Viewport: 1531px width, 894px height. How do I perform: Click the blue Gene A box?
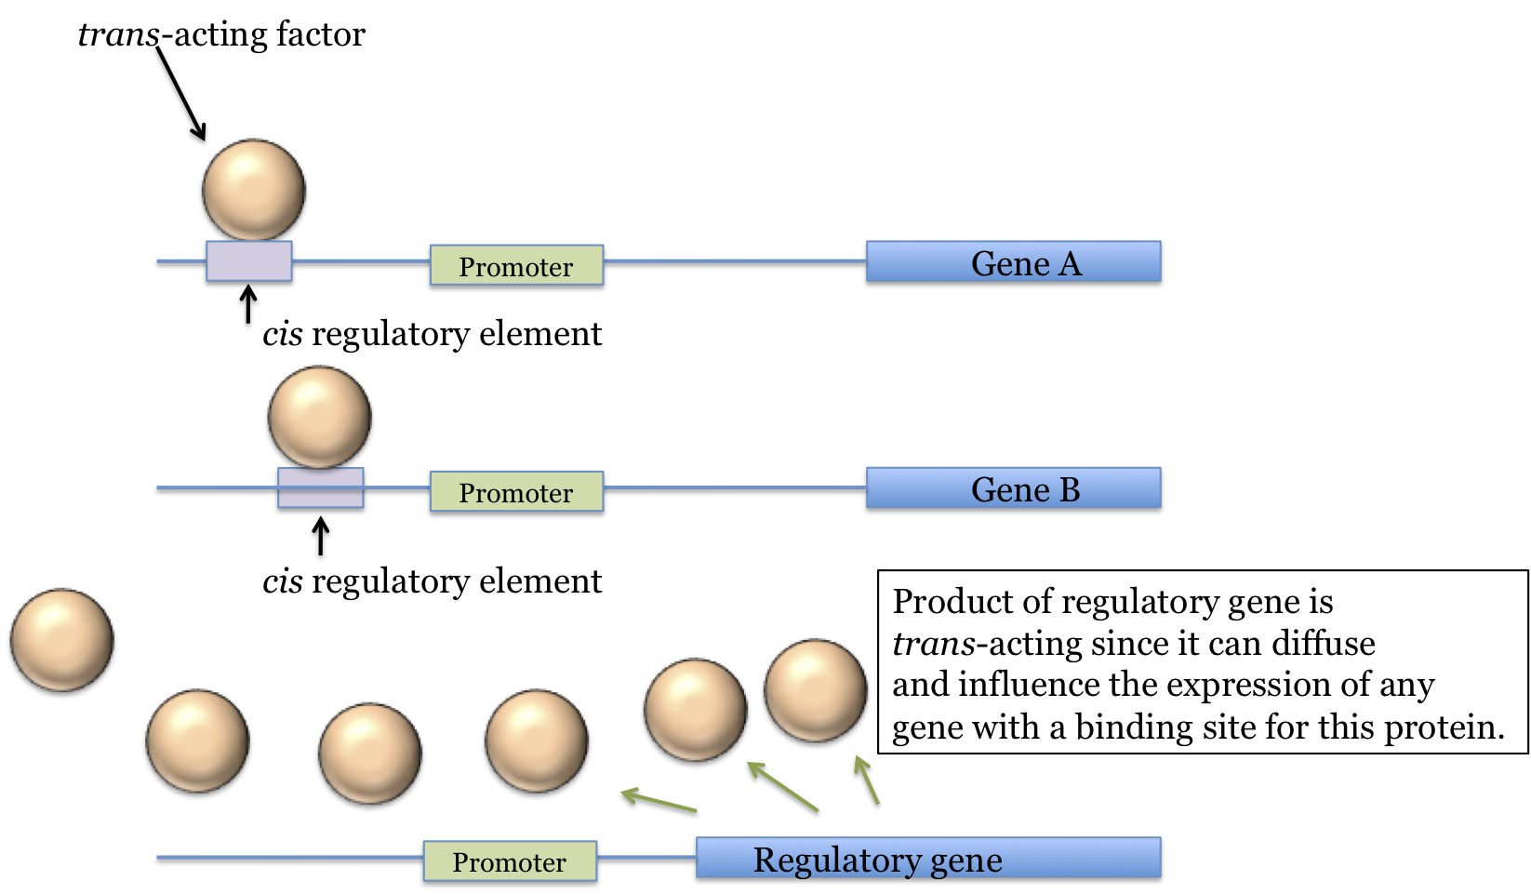[x=1013, y=262]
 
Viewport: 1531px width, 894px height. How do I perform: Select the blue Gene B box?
[x=1013, y=488]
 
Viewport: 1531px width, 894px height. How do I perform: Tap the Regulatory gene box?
[x=927, y=859]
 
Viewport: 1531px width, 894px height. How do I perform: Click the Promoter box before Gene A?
[x=516, y=266]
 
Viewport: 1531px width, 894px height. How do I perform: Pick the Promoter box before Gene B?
[x=516, y=492]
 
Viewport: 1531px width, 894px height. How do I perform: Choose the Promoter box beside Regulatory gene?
[x=510, y=861]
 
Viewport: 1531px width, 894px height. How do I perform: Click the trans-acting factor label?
[x=221, y=34]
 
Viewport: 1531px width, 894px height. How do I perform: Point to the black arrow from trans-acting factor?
[x=181, y=93]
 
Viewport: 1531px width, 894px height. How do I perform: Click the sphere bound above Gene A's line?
[x=253, y=190]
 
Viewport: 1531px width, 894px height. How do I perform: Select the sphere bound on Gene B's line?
[x=319, y=417]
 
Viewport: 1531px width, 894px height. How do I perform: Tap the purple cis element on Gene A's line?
[x=248, y=261]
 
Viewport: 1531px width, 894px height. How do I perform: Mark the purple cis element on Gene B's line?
[x=320, y=488]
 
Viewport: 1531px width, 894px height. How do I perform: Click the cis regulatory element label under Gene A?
[x=432, y=334]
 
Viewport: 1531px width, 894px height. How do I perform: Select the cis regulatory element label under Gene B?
[x=432, y=581]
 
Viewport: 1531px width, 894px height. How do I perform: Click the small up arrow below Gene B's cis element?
[x=320, y=537]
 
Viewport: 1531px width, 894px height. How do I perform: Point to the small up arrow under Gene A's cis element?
[x=247, y=304]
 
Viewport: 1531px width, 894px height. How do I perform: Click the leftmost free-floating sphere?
[x=61, y=640]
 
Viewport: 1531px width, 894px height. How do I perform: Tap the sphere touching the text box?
[x=815, y=690]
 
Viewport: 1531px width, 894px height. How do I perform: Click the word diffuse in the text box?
[x=1324, y=644]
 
